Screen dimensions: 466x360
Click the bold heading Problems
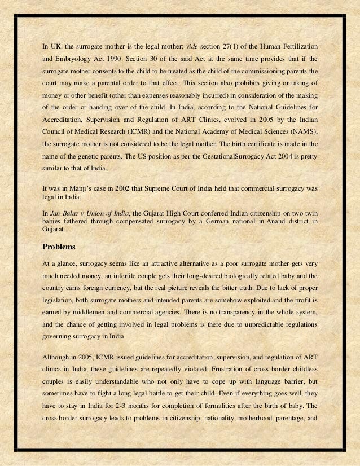59,247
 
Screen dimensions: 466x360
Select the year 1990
124,59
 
